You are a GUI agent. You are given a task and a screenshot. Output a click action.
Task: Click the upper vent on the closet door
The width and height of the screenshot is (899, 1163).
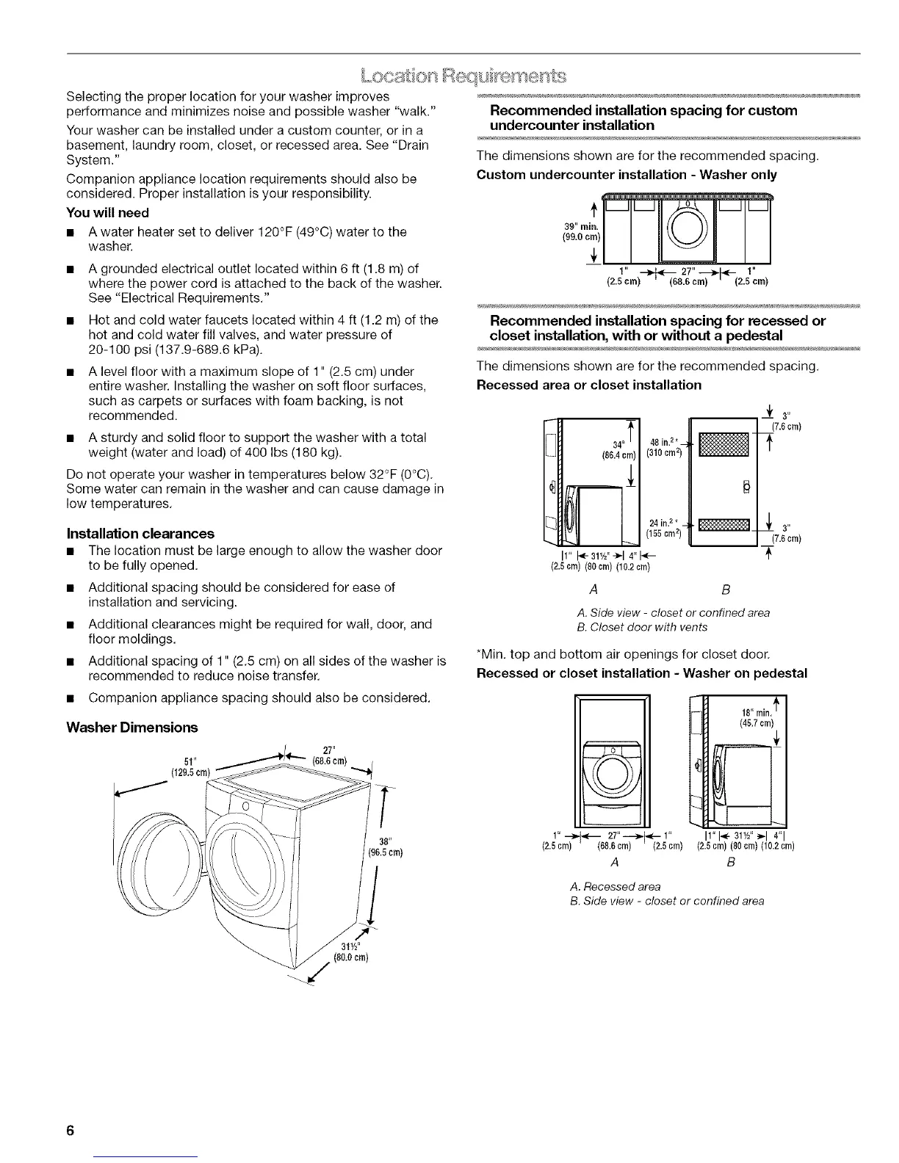coord(723,446)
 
